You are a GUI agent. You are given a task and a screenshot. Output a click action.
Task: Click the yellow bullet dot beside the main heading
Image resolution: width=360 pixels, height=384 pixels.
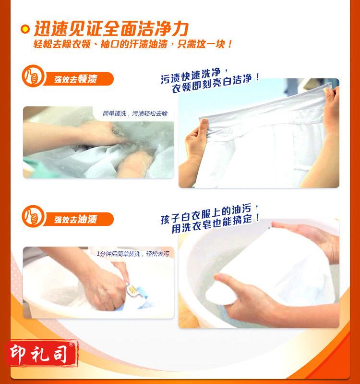[x=25, y=29]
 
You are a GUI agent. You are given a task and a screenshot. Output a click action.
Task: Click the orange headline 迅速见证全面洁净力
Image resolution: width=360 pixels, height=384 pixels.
[x=111, y=29]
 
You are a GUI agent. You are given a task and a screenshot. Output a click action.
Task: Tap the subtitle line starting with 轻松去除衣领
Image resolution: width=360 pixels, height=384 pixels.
[x=132, y=44]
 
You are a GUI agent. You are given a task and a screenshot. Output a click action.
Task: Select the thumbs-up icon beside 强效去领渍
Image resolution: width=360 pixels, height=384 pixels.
[x=33, y=76]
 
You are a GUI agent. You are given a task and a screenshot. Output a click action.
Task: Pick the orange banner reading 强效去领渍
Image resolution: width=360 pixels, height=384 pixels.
[x=78, y=79]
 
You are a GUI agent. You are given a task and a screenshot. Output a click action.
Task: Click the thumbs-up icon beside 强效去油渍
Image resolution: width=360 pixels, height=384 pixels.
[x=33, y=216]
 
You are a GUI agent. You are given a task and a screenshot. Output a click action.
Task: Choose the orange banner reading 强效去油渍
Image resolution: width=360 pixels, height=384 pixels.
[x=78, y=219]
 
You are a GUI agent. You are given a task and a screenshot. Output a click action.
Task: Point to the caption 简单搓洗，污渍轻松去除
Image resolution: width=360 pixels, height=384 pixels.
[x=135, y=113]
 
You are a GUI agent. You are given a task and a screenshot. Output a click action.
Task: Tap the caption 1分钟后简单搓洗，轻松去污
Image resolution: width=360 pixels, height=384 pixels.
[x=133, y=254]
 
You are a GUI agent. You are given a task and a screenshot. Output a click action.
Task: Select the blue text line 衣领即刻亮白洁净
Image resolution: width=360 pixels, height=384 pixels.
[x=215, y=83]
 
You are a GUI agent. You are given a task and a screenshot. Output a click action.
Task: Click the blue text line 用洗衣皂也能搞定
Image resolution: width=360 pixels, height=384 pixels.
[x=215, y=223]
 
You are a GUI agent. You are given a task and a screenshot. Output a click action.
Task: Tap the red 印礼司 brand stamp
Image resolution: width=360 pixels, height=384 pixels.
[x=42, y=353]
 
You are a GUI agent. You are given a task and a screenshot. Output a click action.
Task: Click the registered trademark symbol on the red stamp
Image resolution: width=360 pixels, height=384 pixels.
[x=71, y=344]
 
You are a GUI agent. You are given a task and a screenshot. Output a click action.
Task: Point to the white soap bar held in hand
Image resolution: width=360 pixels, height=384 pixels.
[x=221, y=293]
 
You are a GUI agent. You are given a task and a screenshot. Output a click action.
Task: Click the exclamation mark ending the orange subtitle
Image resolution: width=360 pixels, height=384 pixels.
[x=229, y=44]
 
